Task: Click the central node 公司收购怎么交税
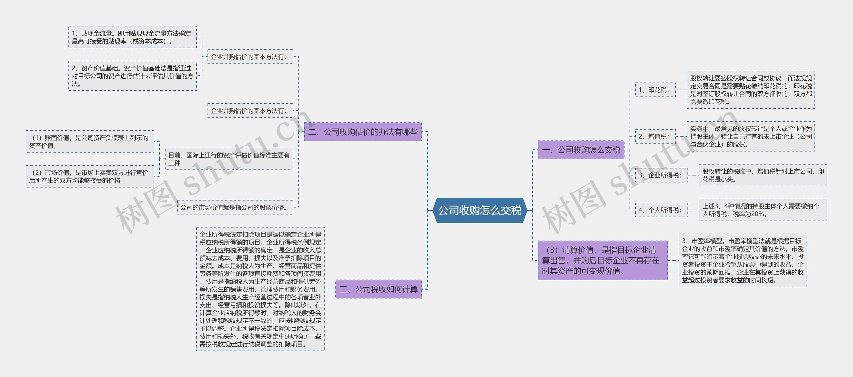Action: (x=479, y=210)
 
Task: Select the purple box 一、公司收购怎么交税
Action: (x=581, y=150)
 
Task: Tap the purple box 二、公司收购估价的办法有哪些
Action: (x=363, y=132)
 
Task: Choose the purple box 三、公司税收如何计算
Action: (x=379, y=289)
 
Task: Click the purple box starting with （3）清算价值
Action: (x=602, y=260)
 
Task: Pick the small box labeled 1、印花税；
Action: (x=655, y=90)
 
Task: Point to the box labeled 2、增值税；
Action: (x=655, y=136)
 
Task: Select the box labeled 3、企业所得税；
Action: (x=661, y=175)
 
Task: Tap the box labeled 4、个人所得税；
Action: (x=661, y=210)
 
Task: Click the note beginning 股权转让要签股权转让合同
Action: (x=751, y=90)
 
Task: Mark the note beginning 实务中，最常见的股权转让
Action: (x=751, y=136)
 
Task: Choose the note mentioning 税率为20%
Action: (x=763, y=210)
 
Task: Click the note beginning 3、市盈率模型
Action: (x=743, y=260)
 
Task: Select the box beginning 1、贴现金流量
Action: (x=133, y=37)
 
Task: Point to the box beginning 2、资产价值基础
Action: (x=133, y=76)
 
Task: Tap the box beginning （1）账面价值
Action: (x=90, y=141)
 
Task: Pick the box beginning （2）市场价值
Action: (x=90, y=176)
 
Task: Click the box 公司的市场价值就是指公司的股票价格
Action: (x=235, y=207)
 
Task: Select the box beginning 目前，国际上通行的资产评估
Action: (x=229, y=159)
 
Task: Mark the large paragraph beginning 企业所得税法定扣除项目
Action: (x=260, y=289)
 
